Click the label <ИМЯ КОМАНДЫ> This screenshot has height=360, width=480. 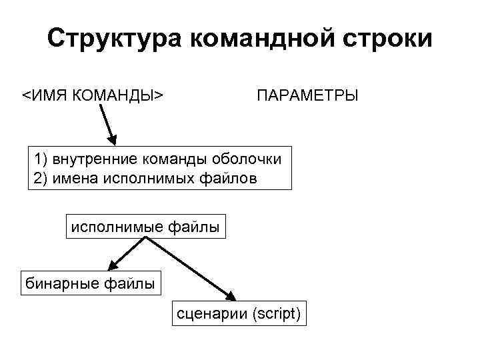94,95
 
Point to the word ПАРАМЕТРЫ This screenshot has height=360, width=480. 307,95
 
